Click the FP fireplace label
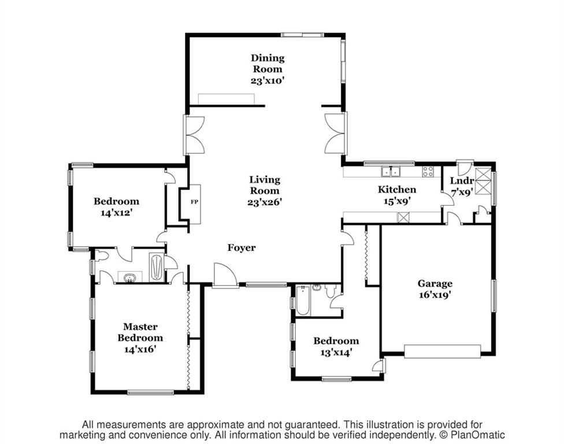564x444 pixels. point(194,202)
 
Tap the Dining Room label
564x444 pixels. point(268,64)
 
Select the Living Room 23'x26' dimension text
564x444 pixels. point(265,202)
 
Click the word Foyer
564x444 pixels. point(242,247)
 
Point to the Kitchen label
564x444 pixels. point(397,189)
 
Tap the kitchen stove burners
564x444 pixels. point(428,171)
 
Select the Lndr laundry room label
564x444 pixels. point(462,181)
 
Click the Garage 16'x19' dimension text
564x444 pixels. point(435,295)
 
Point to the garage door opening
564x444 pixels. point(443,351)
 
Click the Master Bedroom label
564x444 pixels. point(140,332)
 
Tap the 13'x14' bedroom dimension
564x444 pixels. point(336,352)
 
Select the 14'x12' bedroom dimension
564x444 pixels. point(117,213)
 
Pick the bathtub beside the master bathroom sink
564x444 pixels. point(157,267)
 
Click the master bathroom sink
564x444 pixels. point(130,278)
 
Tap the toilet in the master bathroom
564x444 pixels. point(102,256)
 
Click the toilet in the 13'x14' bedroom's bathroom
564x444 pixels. point(331,291)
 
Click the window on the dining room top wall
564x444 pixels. point(302,35)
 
